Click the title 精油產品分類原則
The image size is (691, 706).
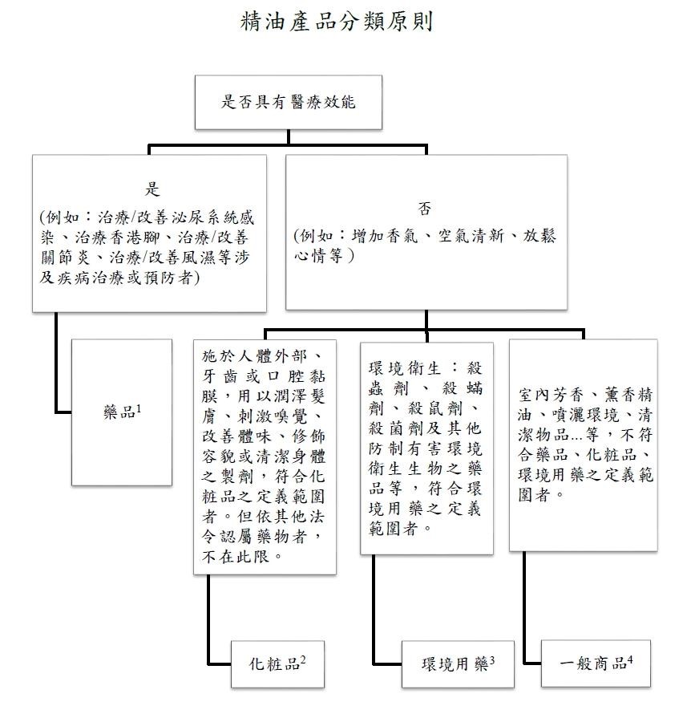[337, 22]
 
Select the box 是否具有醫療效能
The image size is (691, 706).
[289, 102]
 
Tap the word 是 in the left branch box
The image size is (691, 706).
[152, 189]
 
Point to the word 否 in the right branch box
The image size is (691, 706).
[425, 209]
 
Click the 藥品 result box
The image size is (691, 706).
[122, 412]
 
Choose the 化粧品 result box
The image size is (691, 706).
[277, 664]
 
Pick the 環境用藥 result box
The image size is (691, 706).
[458, 664]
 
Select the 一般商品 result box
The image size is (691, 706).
[596, 663]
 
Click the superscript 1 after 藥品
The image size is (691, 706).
[139, 408]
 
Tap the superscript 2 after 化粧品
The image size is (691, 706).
[303, 659]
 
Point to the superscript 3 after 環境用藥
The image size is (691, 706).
[491, 660]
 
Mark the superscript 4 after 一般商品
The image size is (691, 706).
[630, 659]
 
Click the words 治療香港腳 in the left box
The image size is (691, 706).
[117, 237]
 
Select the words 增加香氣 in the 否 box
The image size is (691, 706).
[385, 236]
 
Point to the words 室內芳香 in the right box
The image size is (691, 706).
[551, 395]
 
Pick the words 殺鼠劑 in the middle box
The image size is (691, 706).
[435, 408]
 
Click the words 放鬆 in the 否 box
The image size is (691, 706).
[539, 236]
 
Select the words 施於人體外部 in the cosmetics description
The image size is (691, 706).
[255, 356]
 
